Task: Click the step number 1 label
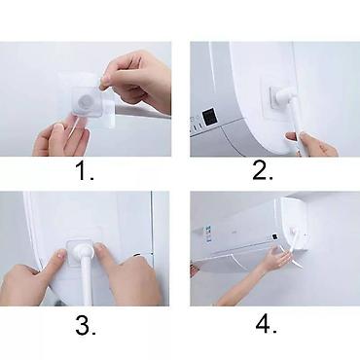85,171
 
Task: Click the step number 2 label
263,170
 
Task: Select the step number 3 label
86,325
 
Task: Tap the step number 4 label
266,324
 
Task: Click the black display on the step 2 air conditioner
208,117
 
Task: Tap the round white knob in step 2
284,95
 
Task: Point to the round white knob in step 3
83,251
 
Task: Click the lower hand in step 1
61,138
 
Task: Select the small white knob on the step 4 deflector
293,231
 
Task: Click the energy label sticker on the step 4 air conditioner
206,234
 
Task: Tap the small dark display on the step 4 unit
274,237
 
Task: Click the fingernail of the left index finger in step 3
59,254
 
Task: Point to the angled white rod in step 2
296,121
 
